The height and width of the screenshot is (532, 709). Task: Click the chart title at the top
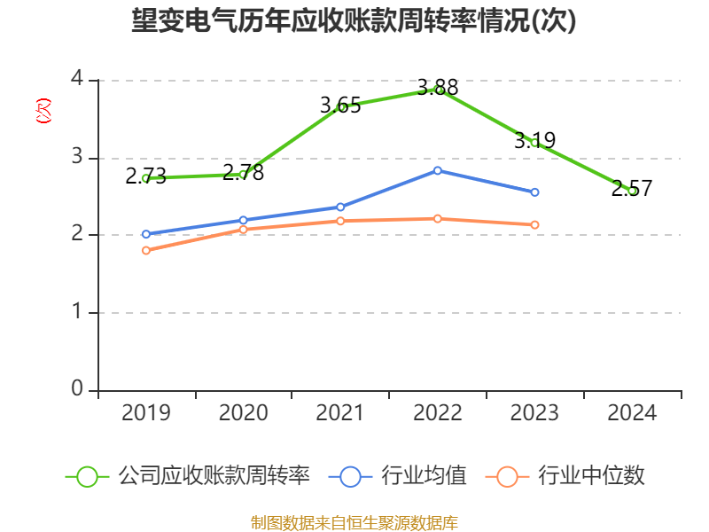tap(354, 20)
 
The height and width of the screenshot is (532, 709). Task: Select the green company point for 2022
tap(438, 89)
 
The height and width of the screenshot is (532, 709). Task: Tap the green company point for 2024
tap(632, 191)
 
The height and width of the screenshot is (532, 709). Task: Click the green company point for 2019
tap(146, 178)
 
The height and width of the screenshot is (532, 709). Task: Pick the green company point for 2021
tap(340, 107)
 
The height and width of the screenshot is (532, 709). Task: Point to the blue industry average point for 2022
tap(438, 170)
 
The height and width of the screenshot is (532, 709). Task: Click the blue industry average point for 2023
tap(534, 192)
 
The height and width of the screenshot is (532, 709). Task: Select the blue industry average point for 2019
tap(146, 234)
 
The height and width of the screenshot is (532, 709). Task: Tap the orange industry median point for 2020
tap(243, 230)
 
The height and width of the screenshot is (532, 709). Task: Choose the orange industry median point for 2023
tap(534, 225)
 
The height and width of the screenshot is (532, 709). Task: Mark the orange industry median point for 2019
tap(146, 250)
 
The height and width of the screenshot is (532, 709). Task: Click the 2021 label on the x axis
tap(340, 413)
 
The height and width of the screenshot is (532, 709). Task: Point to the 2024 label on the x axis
tap(632, 413)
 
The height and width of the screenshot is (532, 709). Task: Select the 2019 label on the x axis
tap(146, 413)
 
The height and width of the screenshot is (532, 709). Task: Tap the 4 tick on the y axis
tap(77, 79)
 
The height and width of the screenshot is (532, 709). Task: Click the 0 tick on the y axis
tap(77, 389)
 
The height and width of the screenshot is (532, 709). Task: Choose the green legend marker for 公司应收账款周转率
tap(87, 476)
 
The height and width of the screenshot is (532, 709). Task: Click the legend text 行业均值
tap(424, 476)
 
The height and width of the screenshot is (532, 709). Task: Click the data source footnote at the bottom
tap(354, 522)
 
